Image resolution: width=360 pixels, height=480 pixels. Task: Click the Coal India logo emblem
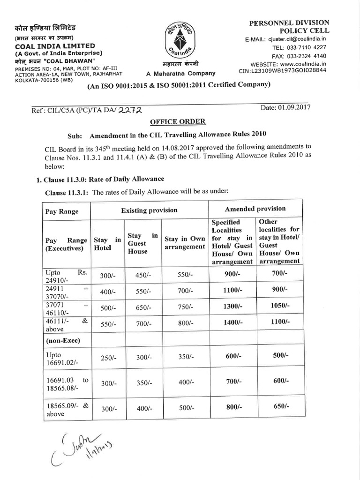180,41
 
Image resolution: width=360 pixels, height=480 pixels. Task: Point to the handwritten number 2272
130,109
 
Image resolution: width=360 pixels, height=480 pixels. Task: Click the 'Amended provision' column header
255,209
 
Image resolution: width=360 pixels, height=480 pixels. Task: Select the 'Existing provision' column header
149,210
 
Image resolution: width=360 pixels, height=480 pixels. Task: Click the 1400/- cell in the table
232,323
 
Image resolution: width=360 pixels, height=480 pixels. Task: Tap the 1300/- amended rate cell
232,306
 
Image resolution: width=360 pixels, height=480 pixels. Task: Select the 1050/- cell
280,305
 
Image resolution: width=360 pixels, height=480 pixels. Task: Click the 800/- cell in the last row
232,407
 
